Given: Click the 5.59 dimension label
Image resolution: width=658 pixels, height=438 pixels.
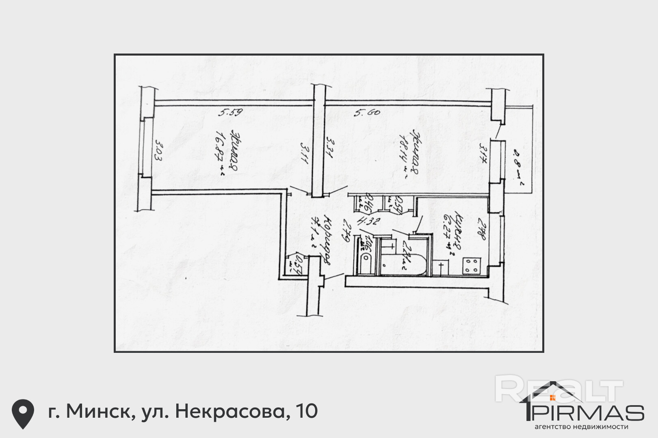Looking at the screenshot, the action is click(x=230, y=112).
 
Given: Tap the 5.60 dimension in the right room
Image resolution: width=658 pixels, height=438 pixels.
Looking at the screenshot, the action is click(x=367, y=112).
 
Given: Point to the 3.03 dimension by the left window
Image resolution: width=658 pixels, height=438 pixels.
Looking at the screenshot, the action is click(x=158, y=150).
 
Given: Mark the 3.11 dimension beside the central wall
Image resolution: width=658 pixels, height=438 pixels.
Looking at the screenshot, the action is click(x=304, y=152).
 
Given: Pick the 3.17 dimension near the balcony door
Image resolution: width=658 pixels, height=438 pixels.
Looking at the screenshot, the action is click(x=483, y=153).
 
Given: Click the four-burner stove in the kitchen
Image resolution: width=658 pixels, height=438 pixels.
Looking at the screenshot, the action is click(x=472, y=266).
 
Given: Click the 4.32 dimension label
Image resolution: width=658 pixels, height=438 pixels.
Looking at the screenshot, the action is click(x=368, y=221).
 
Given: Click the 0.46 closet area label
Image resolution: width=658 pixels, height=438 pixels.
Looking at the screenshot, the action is click(x=368, y=202).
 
